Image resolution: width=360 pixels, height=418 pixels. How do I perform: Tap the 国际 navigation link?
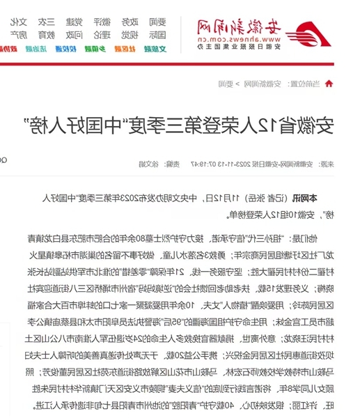[x=158, y=33]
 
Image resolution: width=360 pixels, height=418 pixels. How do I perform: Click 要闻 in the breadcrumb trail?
[x=226, y=84]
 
